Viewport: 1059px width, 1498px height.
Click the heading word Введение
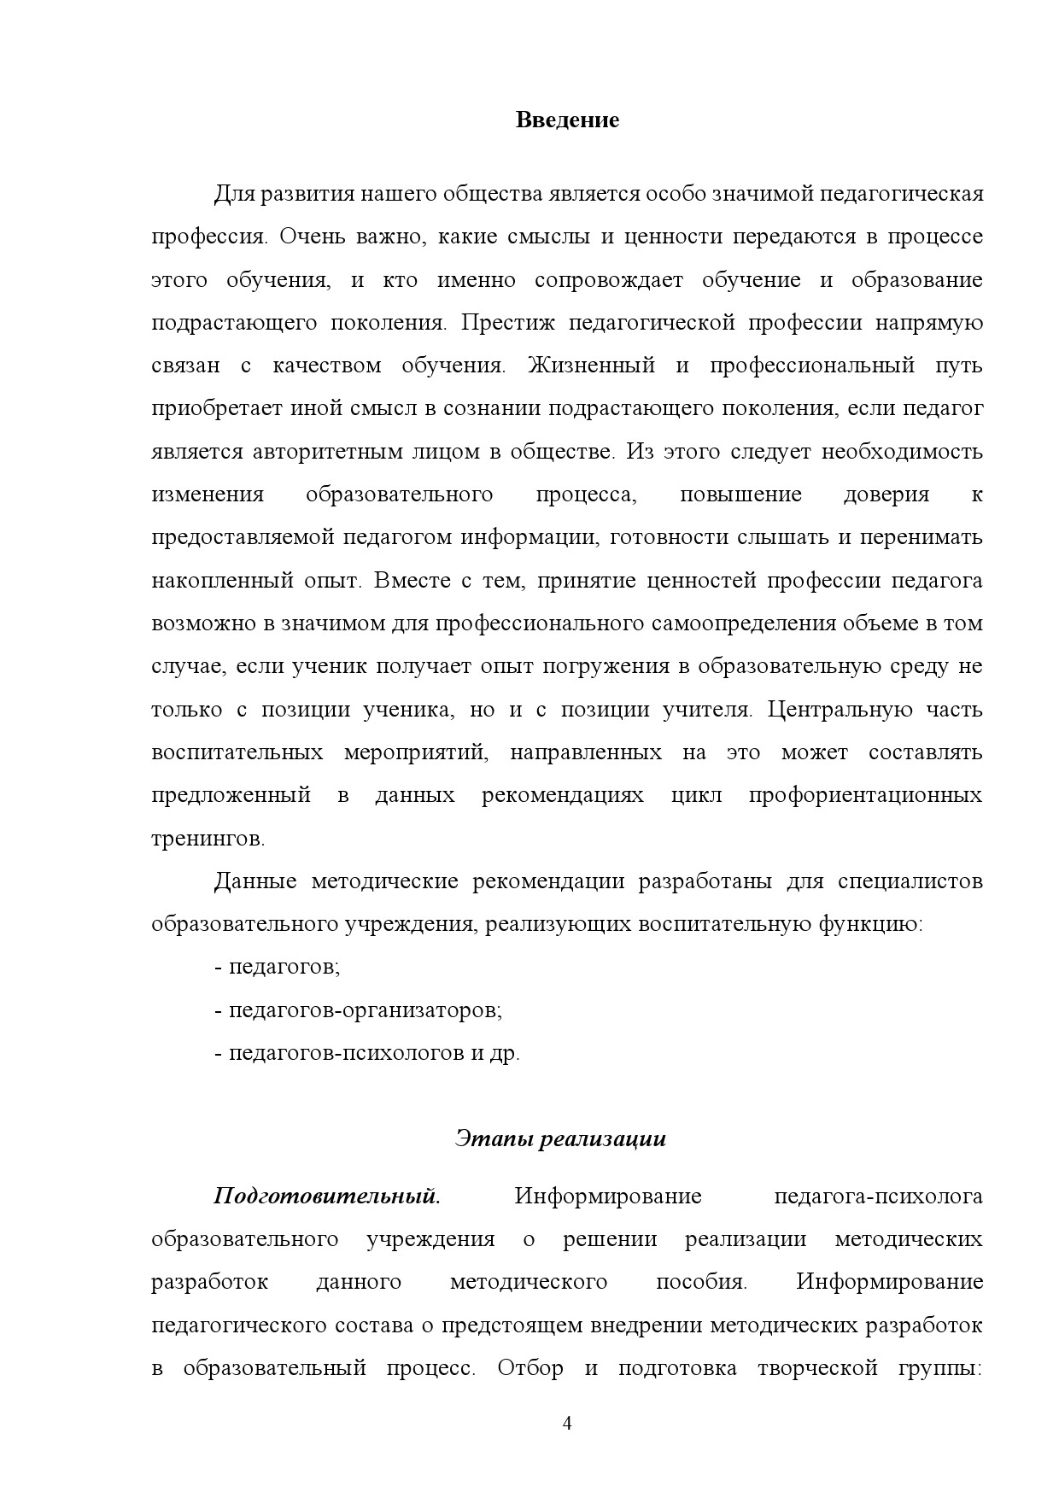[x=567, y=120]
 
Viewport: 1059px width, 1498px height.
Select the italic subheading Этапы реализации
[x=560, y=1138]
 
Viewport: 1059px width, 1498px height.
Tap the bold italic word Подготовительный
[x=326, y=1196]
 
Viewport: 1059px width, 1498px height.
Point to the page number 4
[x=567, y=1423]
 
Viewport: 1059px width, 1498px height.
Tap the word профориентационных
[x=865, y=795]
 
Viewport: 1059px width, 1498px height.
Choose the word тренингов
[x=208, y=839]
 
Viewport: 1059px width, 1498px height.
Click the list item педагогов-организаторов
[x=365, y=1010]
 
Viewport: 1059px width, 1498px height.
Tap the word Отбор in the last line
[x=529, y=1368]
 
